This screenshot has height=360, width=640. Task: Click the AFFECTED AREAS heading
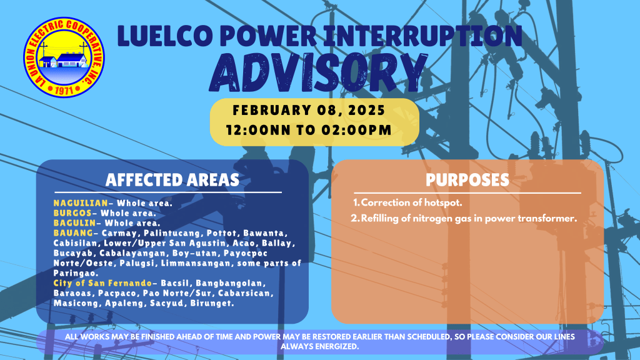(172, 180)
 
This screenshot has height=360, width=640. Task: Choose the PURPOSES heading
(467, 180)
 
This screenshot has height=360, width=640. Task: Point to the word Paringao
(75, 274)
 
